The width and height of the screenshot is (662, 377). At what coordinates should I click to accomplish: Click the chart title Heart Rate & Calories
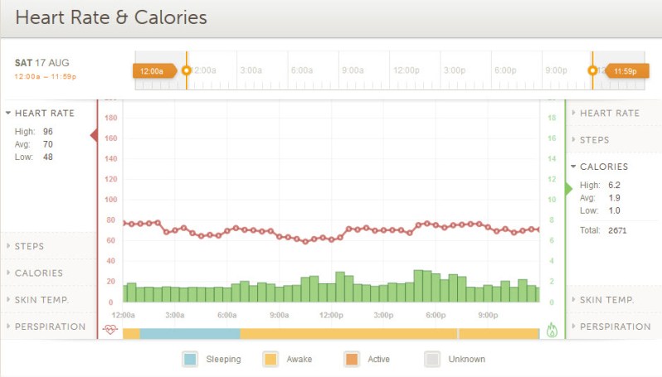coord(111,17)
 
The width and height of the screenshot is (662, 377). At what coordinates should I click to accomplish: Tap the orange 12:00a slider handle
coord(153,71)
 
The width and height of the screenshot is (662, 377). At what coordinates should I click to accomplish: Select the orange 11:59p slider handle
coord(621,71)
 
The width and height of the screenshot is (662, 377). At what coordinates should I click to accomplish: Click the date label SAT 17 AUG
coord(41,63)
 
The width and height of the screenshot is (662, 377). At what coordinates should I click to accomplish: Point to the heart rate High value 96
coord(48,131)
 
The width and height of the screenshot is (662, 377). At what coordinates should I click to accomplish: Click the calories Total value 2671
coord(616,230)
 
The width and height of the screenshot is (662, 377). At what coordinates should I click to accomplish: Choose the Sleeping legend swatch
coord(190,359)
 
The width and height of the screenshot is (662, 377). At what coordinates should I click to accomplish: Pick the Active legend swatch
coord(351,359)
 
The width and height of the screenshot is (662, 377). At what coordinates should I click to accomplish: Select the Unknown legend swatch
coord(432,359)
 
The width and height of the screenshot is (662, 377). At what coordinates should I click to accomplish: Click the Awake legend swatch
coord(270,359)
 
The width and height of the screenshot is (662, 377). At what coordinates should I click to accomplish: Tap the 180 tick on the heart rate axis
coord(111,118)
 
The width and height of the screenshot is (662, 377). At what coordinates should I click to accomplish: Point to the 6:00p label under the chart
coord(436,315)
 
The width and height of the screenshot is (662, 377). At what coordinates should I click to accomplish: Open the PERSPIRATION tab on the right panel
coord(615,326)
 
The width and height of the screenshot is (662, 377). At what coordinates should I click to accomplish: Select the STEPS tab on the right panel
coord(594,140)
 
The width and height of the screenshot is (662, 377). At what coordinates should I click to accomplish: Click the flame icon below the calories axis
coord(552,330)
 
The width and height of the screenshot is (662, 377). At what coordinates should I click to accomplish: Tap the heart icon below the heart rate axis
coord(110,330)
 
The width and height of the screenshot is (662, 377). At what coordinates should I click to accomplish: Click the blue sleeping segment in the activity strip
coord(189,333)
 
